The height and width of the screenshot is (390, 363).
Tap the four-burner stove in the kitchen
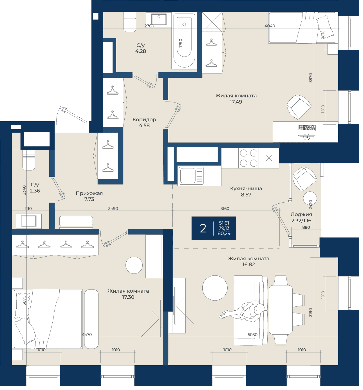(x=248, y=158)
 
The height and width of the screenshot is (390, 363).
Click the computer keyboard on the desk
(x=307, y=128)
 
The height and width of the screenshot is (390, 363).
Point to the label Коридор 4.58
(x=144, y=122)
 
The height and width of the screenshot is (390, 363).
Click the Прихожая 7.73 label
(x=89, y=196)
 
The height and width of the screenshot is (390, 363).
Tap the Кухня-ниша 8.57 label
(x=246, y=191)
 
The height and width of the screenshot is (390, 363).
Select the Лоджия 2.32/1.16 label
(x=301, y=218)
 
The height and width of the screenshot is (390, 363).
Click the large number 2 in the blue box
(x=203, y=228)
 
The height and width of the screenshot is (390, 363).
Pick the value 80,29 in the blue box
(x=224, y=233)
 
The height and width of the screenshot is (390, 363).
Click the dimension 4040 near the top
(x=270, y=26)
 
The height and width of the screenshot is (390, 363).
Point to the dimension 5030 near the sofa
(x=252, y=334)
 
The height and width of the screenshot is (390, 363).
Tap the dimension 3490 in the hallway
(x=113, y=208)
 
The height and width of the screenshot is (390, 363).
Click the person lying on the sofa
(x=242, y=311)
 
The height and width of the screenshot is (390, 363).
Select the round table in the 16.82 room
(x=215, y=288)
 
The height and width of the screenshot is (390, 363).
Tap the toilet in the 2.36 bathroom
(x=29, y=160)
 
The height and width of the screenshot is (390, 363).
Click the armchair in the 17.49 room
(x=299, y=107)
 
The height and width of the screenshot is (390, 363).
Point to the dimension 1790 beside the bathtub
(x=181, y=43)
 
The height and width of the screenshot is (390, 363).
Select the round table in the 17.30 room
(x=134, y=265)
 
